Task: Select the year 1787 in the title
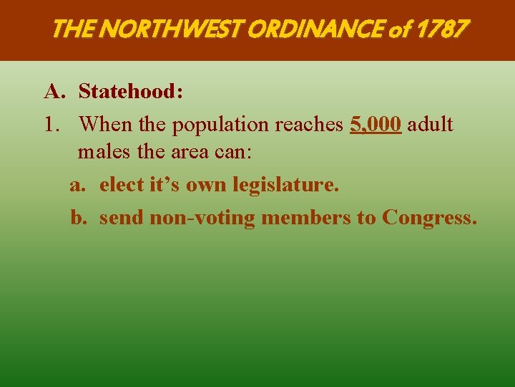(443, 29)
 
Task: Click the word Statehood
(130, 92)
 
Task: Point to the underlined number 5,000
(376, 124)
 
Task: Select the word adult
(430, 124)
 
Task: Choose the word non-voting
(202, 217)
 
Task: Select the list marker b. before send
(78, 217)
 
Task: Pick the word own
(204, 185)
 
